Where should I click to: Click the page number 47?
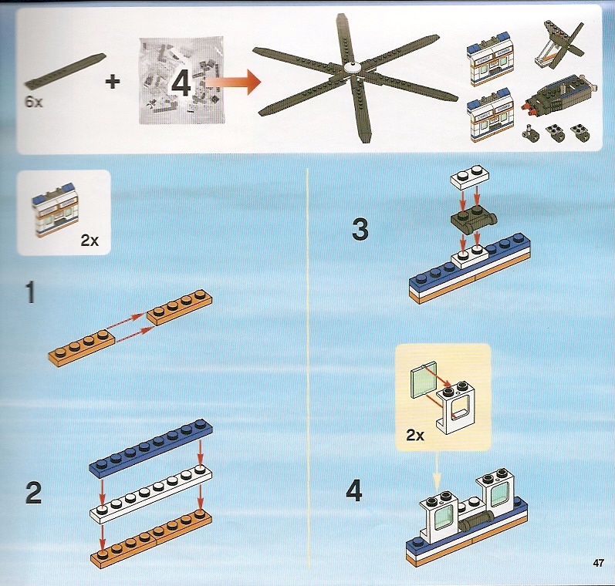(598, 563)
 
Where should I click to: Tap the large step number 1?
(31, 293)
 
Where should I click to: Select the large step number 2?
(33, 493)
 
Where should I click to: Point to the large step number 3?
(360, 229)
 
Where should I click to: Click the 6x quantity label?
(34, 103)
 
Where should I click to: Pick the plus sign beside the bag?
(113, 82)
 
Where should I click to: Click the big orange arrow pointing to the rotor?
(232, 82)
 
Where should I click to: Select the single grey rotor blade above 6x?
(65, 71)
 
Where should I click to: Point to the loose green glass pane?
(423, 379)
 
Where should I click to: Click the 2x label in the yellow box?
(415, 435)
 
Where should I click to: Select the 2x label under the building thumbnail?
(90, 240)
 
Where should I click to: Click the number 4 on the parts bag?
(181, 83)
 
